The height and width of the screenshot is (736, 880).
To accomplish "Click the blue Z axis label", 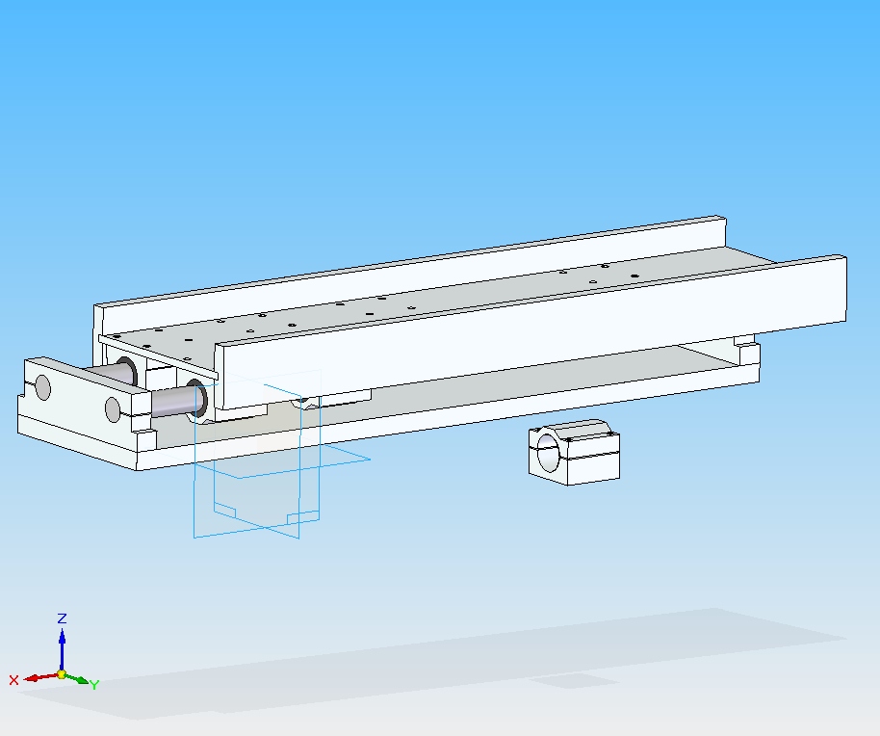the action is pos(63,618).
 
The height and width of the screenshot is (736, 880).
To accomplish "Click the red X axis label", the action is pos(14,680).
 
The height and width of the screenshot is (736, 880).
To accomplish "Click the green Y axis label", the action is pos(94,685).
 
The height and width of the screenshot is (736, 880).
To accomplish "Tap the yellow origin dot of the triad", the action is pos(62,674).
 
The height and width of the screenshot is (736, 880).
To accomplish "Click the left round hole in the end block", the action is pos(42,387).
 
